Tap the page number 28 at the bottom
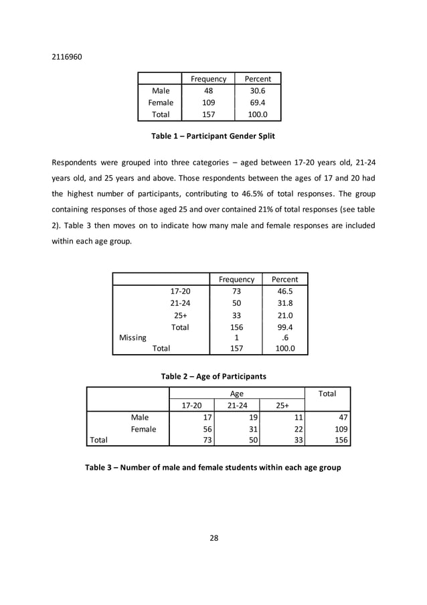[213, 537]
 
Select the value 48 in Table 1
[208, 91]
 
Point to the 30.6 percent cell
[258, 91]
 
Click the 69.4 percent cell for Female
[258, 103]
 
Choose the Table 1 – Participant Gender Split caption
[213, 136]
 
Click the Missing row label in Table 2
[133, 338]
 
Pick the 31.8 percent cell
[284, 303]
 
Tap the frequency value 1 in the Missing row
[237, 338]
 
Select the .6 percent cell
[284, 338]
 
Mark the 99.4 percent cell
[284, 327]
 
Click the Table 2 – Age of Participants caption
[213, 376]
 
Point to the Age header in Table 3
[237, 394]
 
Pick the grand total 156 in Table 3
[339, 440]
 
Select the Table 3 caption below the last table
[213, 467]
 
